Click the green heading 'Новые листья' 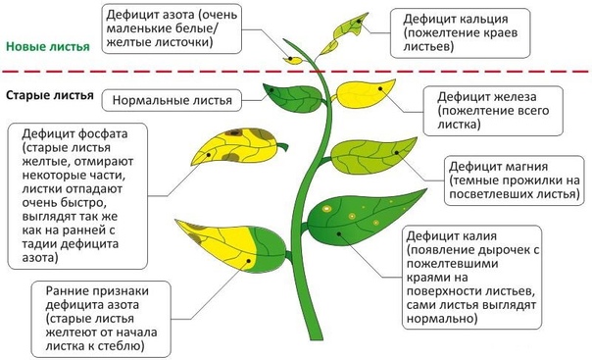pyautogui.click(x=48, y=47)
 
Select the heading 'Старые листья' pyautogui.click(x=49, y=95)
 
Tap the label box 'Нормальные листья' pyautogui.click(x=172, y=100)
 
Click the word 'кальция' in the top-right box pyautogui.click(x=481, y=19)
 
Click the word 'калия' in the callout pyautogui.click(x=477, y=236)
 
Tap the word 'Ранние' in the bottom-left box pyautogui.click(x=67, y=291)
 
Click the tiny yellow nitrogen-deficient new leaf pyautogui.click(x=293, y=60)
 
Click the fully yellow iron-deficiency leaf pyautogui.click(x=365, y=94)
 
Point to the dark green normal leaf pyautogui.click(x=294, y=98)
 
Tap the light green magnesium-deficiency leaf pyautogui.click(x=371, y=156)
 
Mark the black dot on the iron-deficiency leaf pyautogui.click(x=380, y=88)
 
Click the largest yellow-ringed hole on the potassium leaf pyautogui.click(x=326, y=209)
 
